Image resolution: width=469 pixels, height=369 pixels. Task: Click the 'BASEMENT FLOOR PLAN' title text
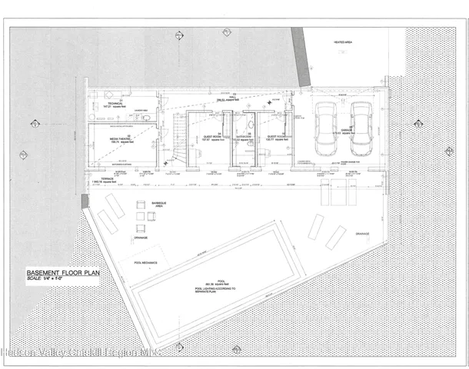point(61,273)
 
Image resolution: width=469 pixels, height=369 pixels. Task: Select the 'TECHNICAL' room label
point(115,103)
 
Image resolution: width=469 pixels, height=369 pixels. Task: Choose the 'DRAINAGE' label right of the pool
point(361,233)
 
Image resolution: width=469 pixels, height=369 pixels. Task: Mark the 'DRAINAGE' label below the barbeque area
point(140,238)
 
